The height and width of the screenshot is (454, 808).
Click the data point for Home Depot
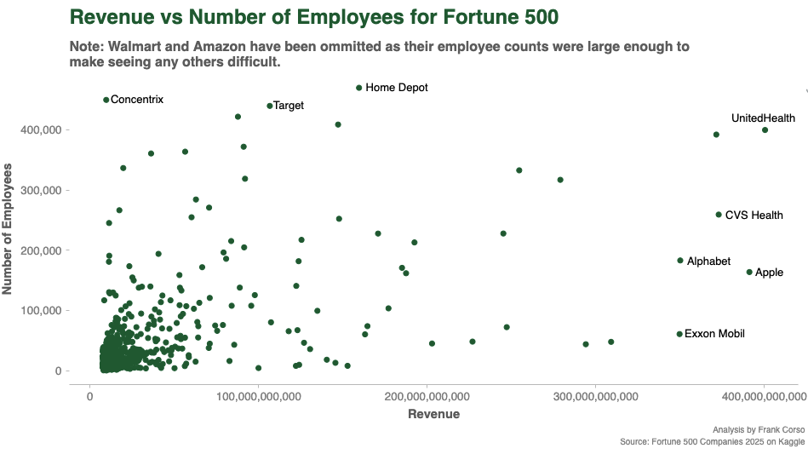(359, 88)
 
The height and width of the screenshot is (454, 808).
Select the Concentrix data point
(106, 100)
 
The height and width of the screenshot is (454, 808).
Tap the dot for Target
(270, 106)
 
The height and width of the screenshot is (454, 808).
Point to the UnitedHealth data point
(765, 130)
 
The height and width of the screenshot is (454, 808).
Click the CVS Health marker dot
(719, 215)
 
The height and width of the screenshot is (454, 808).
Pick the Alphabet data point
(680, 261)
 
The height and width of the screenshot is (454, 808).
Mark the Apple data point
(749, 273)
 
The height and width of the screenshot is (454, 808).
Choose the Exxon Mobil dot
(679, 334)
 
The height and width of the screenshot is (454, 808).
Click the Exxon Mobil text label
(714, 334)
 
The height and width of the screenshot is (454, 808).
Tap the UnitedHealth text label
(763, 118)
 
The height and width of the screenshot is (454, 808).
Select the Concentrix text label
(137, 100)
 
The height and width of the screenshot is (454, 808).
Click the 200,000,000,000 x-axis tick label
(427, 397)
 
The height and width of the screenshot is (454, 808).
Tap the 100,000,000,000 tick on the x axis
(258, 397)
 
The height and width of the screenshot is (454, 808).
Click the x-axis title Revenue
(434, 415)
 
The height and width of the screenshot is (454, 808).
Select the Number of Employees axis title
(9, 231)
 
